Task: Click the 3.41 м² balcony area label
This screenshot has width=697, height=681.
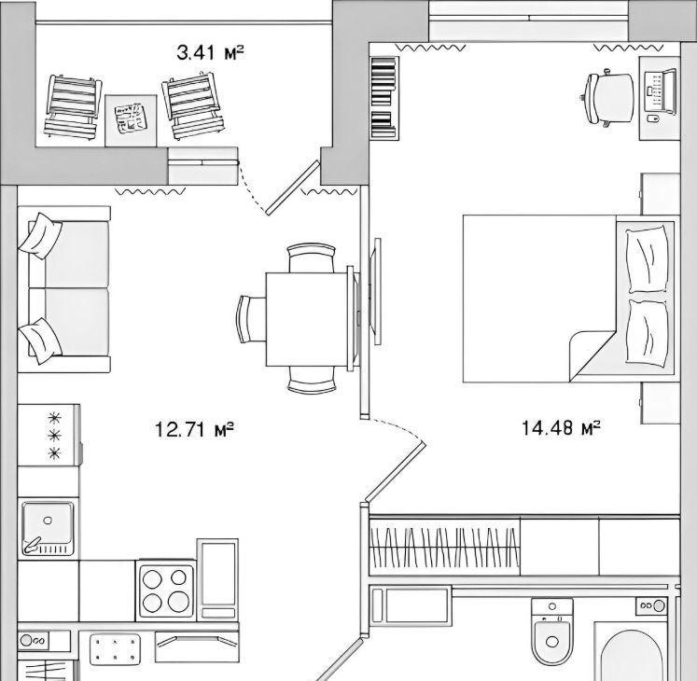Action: click(210, 53)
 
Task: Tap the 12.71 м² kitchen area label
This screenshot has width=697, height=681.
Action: click(194, 429)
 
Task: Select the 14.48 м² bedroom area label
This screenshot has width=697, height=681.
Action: click(561, 427)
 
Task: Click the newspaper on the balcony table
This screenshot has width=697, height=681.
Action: click(131, 118)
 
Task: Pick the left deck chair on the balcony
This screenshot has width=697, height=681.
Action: click(73, 107)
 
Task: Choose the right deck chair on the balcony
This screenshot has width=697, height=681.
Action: click(192, 104)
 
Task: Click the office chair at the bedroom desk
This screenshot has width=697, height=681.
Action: click(607, 98)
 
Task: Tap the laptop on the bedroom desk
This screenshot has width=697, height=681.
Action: click(660, 93)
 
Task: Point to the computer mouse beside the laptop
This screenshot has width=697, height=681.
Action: click(653, 118)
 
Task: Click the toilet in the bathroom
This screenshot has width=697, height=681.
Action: click(552, 632)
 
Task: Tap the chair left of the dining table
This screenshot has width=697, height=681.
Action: click(251, 319)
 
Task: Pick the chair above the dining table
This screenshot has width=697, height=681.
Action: click(311, 257)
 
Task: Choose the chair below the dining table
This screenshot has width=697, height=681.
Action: click(312, 380)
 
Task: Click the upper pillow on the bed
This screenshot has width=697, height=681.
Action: click(647, 259)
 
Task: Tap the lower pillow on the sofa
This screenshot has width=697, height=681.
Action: click(40, 340)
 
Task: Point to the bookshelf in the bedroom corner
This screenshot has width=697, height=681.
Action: click(383, 97)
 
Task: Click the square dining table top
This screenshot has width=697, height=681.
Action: click(307, 319)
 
